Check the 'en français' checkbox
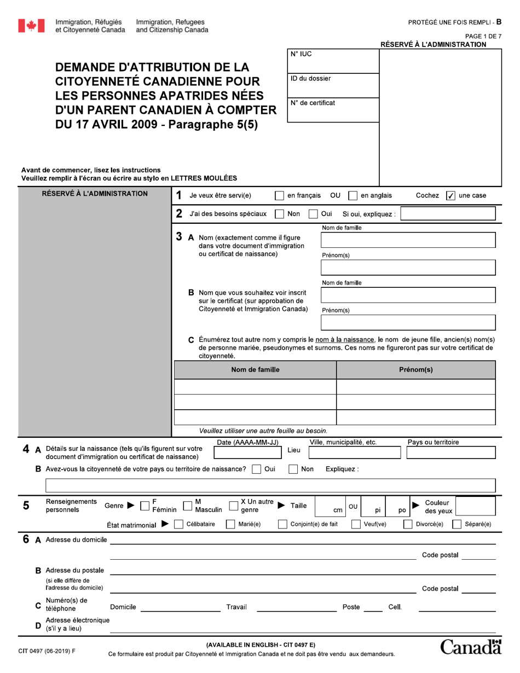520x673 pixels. (x=279, y=196)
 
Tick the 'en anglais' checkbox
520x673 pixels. (x=353, y=196)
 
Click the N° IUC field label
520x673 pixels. (x=301, y=54)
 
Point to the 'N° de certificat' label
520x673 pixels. (x=313, y=103)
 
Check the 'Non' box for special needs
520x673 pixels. (x=279, y=214)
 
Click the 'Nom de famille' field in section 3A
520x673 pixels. (x=408, y=240)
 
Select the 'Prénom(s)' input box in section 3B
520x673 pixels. (x=408, y=323)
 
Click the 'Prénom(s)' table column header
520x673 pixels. (x=415, y=370)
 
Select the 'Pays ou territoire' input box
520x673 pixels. (x=449, y=452)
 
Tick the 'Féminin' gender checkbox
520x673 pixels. (x=145, y=506)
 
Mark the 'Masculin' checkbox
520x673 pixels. (x=187, y=506)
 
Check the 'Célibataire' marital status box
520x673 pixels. (x=178, y=524)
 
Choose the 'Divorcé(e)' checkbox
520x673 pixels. (x=408, y=524)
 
